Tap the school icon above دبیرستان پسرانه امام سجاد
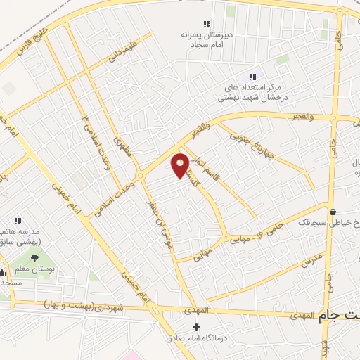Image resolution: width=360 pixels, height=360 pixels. (x=206, y=24)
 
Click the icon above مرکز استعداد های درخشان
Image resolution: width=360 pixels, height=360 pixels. (x=251, y=77)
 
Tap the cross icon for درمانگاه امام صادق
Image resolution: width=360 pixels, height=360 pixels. (x=196, y=328)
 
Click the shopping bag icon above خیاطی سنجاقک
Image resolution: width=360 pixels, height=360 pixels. (x=331, y=211)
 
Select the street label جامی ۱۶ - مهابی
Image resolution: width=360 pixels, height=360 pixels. (x=250, y=233)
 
